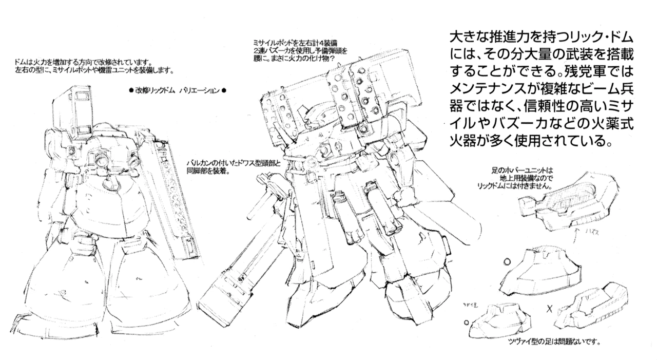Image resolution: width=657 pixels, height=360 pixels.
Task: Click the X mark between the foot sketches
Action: click(x=549, y=309)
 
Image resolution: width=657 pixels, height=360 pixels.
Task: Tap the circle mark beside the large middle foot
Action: click(x=508, y=259)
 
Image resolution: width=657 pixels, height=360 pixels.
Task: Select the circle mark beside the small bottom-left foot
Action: click(x=466, y=322)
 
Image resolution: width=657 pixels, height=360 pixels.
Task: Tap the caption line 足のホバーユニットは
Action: click(x=524, y=169)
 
